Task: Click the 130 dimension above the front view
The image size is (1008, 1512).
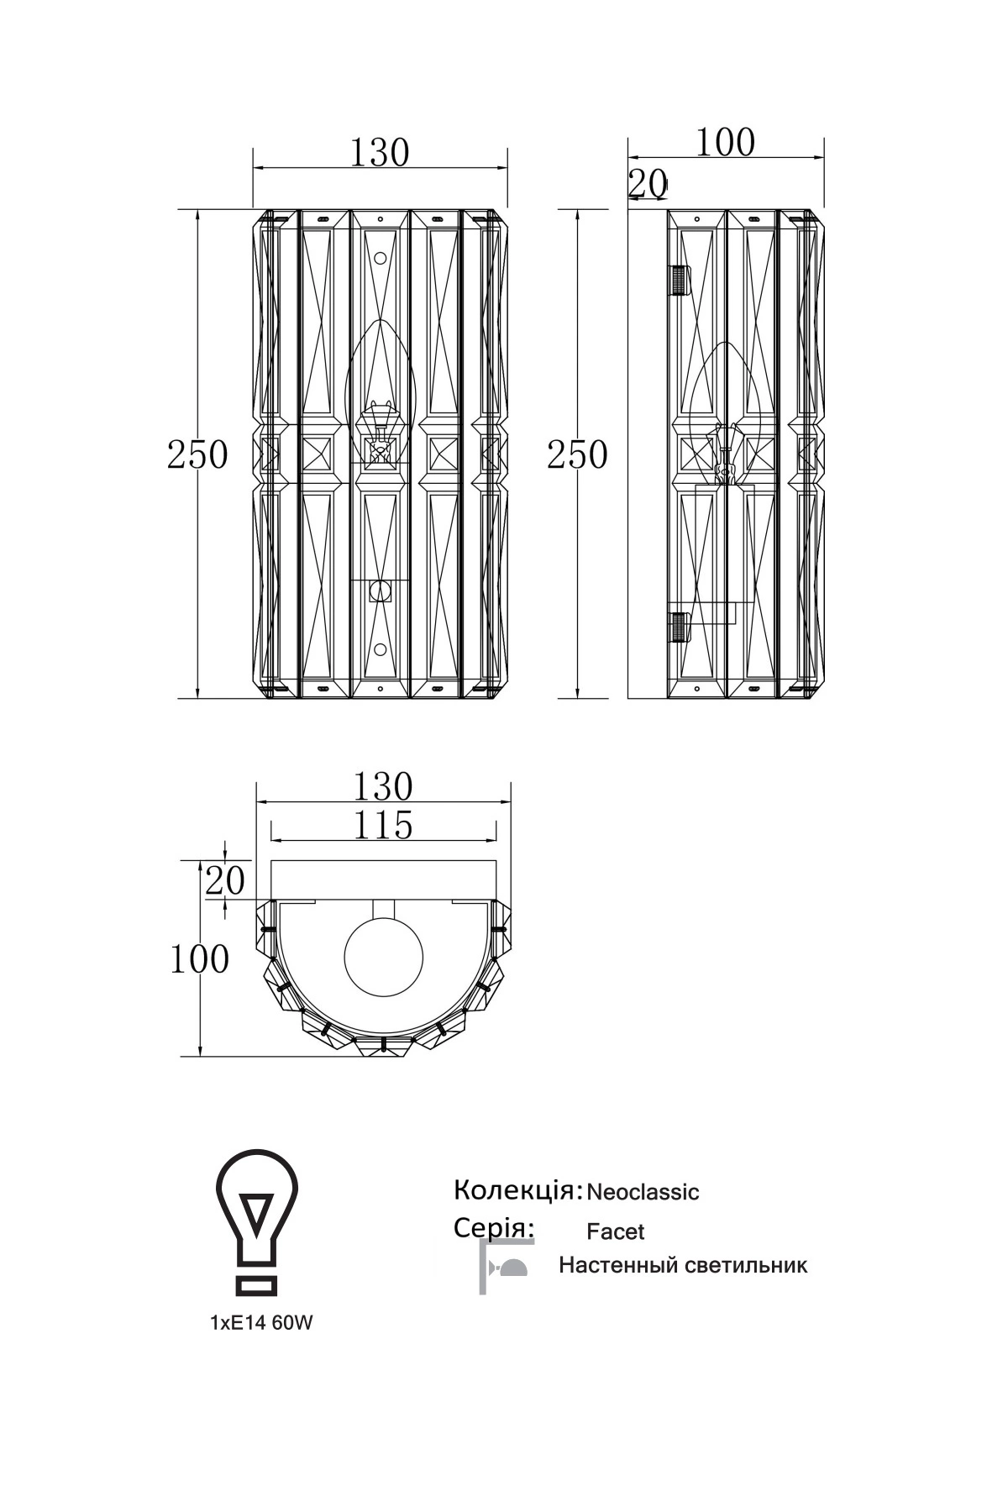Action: coord(380,153)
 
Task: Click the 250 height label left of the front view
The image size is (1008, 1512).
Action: coord(197,454)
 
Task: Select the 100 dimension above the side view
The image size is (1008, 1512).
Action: coord(725,142)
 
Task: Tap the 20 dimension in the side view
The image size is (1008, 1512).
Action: coord(648,183)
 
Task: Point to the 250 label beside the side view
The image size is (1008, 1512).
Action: coord(577,454)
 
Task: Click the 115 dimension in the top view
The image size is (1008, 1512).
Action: coord(382,826)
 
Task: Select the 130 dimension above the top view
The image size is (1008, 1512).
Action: coord(383,787)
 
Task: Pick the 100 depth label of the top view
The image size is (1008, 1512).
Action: coord(199,958)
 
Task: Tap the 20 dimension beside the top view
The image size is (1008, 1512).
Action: coord(225,881)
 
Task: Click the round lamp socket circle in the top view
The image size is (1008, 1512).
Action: coord(384,958)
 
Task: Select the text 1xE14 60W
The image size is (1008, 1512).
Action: coord(261,1323)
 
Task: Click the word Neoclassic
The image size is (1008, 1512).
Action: coord(643,1192)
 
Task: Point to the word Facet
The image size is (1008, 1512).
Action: coord(616,1231)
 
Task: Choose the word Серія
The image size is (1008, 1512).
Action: coord(494,1228)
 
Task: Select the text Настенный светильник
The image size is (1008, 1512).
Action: coord(683,1266)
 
